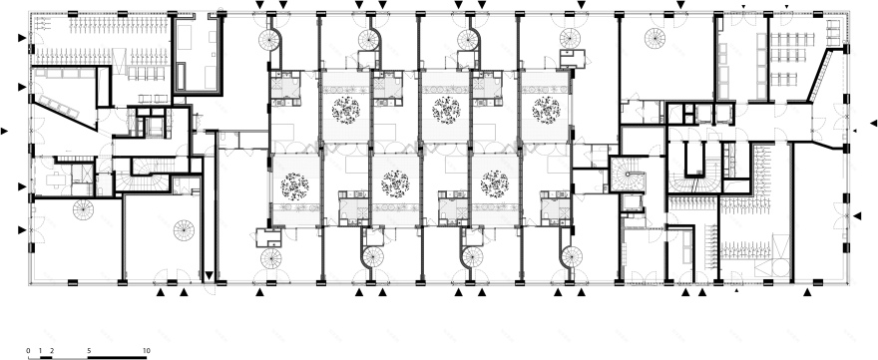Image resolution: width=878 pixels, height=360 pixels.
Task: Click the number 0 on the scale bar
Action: click(x=28, y=351)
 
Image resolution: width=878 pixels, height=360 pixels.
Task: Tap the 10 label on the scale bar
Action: click(x=146, y=351)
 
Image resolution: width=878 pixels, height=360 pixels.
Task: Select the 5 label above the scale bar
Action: click(x=88, y=351)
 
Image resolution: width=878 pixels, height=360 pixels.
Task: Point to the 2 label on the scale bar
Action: click(x=52, y=351)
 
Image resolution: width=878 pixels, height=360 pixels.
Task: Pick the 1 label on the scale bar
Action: click(x=40, y=351)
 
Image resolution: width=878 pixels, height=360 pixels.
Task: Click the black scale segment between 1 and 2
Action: click(x=46, y=357)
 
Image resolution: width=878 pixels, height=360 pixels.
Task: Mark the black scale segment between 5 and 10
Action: click(x=117, y=357)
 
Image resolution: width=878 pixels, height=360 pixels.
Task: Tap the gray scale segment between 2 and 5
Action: click(x=70, y=357)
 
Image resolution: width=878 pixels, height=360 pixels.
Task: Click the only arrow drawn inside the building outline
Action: click(x=209, y=275)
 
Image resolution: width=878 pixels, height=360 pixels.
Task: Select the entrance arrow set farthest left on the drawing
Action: click(x=4, y=131)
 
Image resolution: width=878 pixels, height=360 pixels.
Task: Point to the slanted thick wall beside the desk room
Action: click(x=819, y=76)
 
